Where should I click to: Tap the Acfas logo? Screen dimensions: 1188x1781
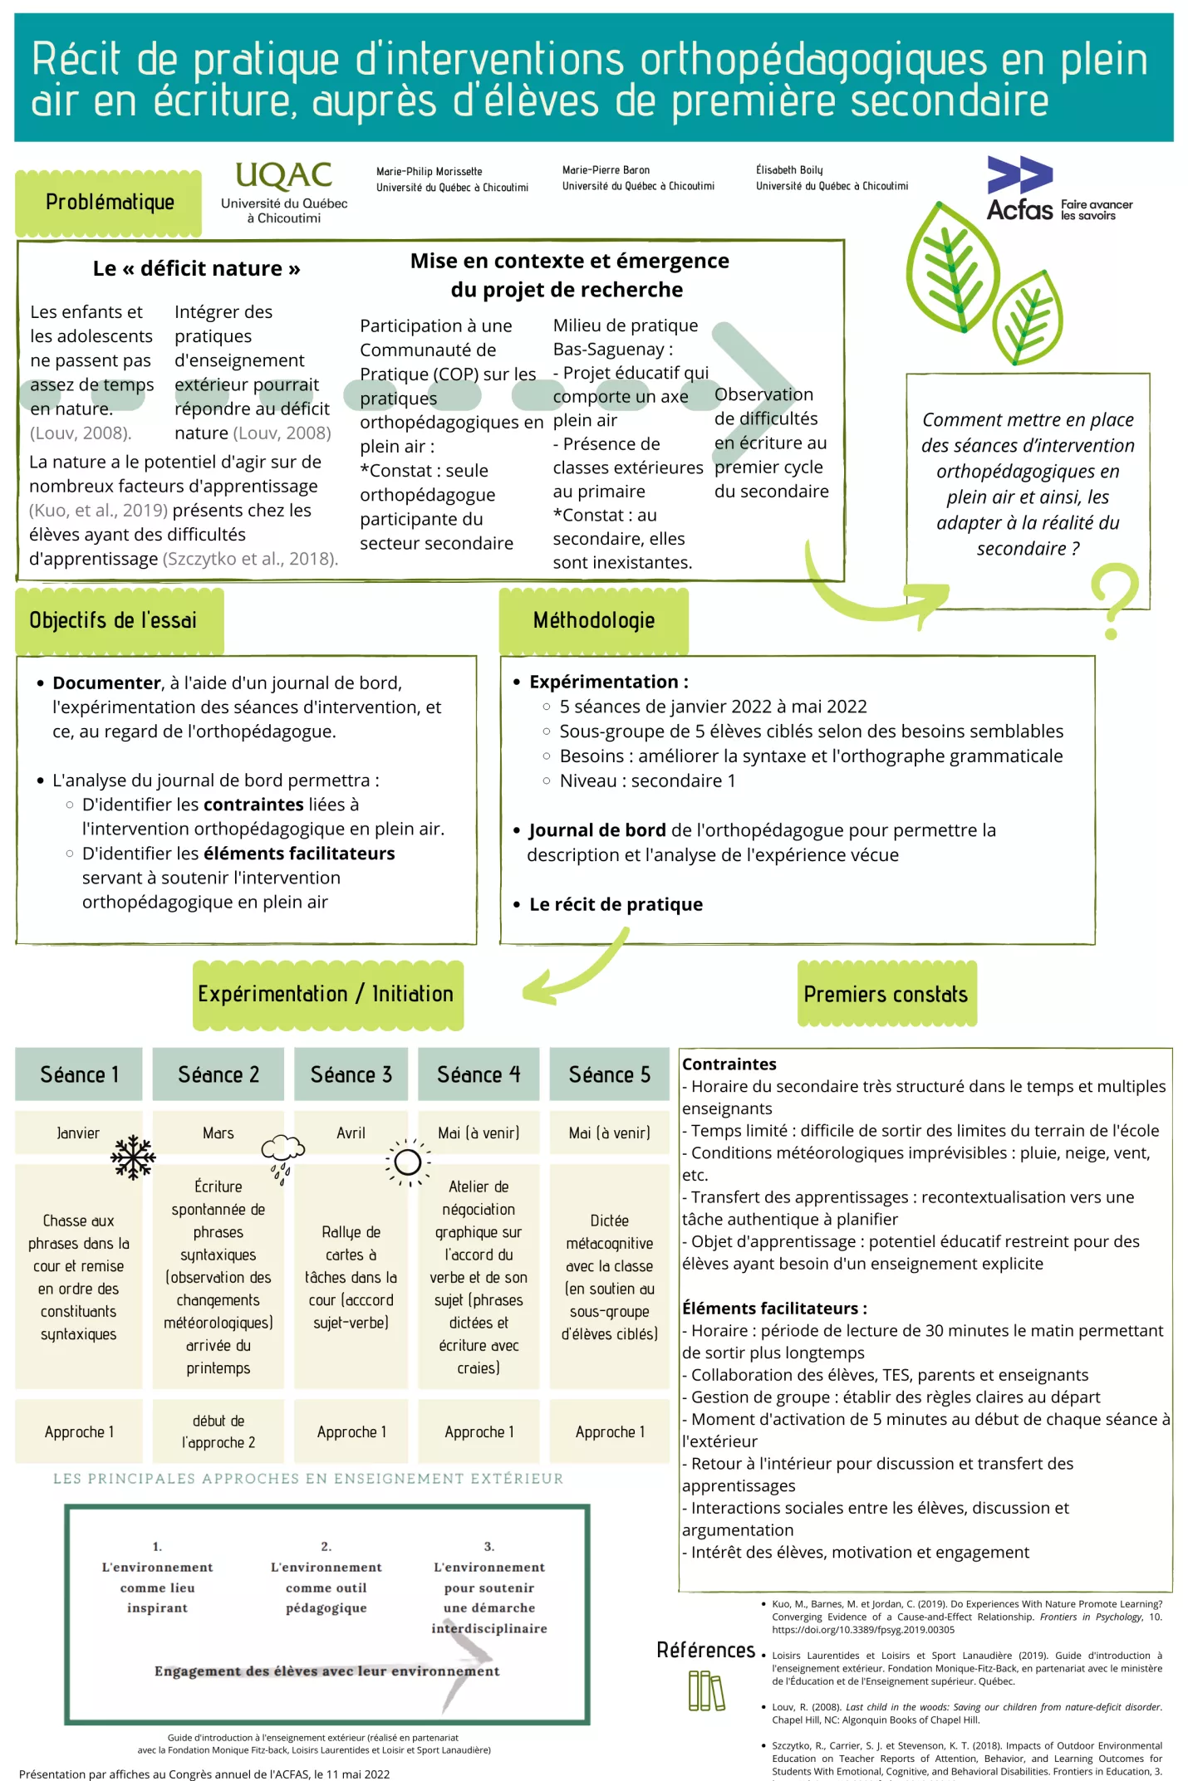pyautogui.click(x=1059, y=189)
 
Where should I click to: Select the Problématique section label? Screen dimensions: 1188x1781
pyautogui.click(x=109, y=203)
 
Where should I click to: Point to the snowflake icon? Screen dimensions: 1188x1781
pyautogui.click(x=133, y=1157)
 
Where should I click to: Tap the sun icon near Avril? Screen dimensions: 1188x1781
pyautogui.click(x=408, y=1162)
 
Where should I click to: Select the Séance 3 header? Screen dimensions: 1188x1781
pyautogui.click(x=351, y=1074)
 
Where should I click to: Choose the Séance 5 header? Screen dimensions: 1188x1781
pyautogui.click(x=609, y=1074)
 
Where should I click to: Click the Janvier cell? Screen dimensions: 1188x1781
pyautogui.click(x=78, y=1133)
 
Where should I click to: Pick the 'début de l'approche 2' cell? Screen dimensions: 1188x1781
pyautogui.click(x=218, y=1431)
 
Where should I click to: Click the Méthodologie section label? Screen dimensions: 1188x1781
pyautogui.click(x=594, y=620)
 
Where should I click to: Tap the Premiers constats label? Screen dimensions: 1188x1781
pyautogui.click(x=886, y=994)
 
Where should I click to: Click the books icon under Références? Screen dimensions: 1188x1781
pyautogui.click(x=707, y=1690)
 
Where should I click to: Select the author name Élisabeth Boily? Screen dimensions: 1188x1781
pyautogui.click(x=789, y=170)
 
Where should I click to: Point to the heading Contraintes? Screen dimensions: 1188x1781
pyautogui.click(x=729, y=1064)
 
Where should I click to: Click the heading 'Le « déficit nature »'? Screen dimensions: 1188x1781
pyautogui.click(x=196, y=268)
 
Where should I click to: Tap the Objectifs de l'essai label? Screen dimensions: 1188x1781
pyautogui.click(x=113, y=620)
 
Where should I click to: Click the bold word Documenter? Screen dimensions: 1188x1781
pyautogui.click(x=106, y=683)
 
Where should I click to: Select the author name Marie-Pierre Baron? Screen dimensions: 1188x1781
pyautogui.click(x=606, y=170)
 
